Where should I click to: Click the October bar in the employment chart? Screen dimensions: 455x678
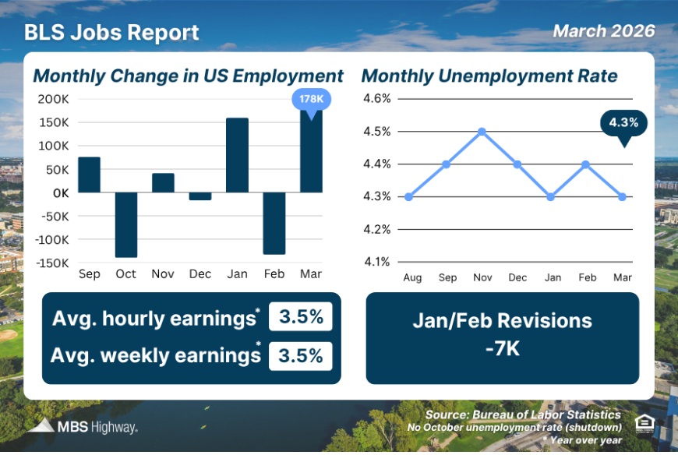click(x=125, y=224)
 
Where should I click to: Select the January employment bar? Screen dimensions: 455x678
click(x=237, y=155)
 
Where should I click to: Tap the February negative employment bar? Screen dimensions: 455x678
click(x=274, y=223)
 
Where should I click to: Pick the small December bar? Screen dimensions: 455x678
click(x=200, y=196)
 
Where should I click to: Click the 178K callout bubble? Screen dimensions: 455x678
click(x=311, y=100)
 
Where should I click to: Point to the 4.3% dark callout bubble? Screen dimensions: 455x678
click(x=623, y=122)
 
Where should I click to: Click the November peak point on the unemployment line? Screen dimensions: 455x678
click(x=482, y=131)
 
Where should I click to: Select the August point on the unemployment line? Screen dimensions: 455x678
click(x=409, y=196)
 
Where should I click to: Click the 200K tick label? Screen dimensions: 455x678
click(x=52, y=99)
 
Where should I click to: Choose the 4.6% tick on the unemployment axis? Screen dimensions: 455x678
click(x=376, y=98)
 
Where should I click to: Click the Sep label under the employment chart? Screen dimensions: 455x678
click(x=89, y=274)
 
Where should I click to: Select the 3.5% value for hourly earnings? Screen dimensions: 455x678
click(x=301, y=319)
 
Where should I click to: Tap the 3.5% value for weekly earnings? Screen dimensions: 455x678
click(x=301, y=356)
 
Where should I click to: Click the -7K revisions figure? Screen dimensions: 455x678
click(x=502, y=348)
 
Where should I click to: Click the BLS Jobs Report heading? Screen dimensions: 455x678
click(x=111, y=33)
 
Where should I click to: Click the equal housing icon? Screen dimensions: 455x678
click(x=644, y=422)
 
